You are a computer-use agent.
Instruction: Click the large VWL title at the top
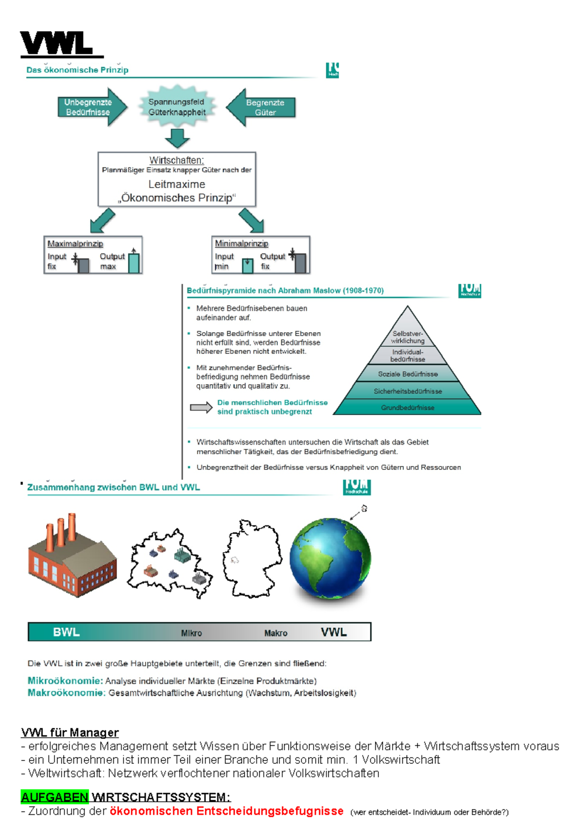click(57, 44)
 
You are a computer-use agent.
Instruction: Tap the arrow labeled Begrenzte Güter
click(262, 107)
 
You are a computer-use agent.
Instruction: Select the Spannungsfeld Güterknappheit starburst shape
click(177, 107)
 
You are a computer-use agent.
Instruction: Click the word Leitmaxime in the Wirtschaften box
click(177, 184)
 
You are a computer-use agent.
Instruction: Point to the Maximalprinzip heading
click(75, 244)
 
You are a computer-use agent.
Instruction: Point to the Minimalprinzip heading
click(242, 244)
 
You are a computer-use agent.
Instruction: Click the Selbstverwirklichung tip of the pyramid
click(408, 336)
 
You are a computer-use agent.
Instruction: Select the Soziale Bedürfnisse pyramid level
click(408, 374)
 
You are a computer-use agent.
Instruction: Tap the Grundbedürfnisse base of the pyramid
click(408, 407)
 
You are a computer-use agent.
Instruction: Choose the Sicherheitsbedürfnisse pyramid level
click(408, 391)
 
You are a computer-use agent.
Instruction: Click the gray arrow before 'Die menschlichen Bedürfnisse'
click(201, 407)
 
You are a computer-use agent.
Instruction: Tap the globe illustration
click(330, 560)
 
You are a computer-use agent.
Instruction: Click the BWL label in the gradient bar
click(66, 632)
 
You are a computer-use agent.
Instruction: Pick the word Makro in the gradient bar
click(276, 633)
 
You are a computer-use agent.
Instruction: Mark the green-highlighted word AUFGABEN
click(54, 797)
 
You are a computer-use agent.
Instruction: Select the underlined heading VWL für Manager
click(70, 733)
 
